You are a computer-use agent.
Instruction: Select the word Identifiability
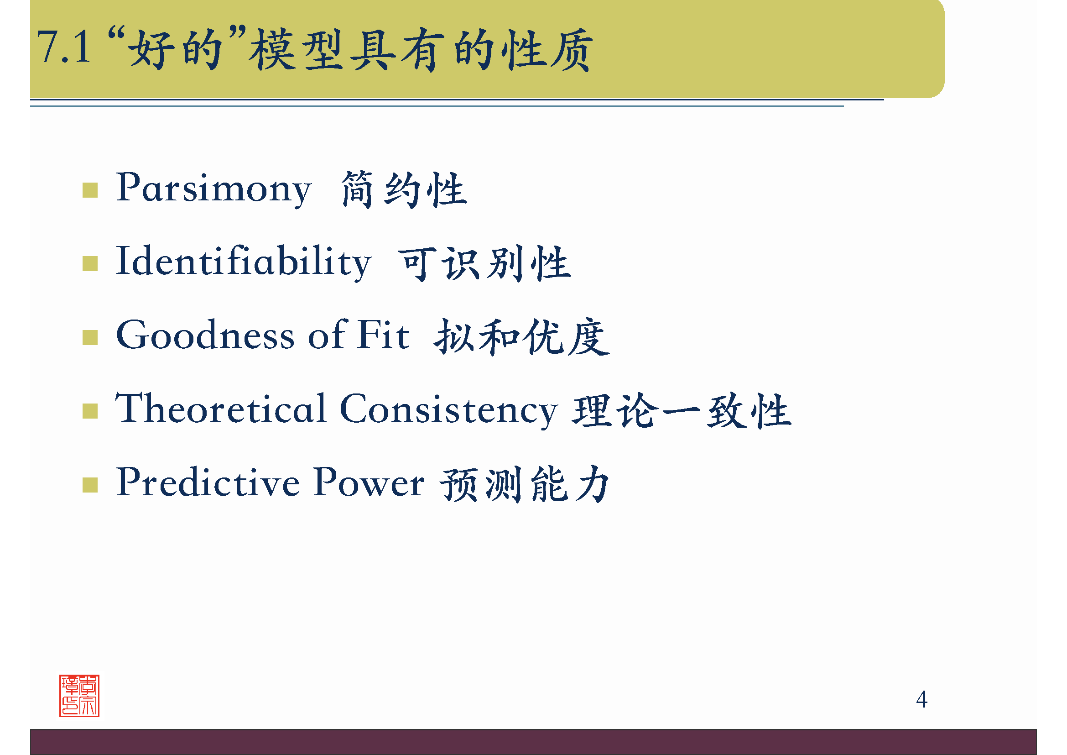(x=243, y=262)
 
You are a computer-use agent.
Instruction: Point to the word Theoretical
(x=221, y=409)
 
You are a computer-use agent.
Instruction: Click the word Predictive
(x=208, y=482)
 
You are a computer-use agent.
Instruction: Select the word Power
(x=369, y=482)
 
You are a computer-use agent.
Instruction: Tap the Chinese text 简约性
(x=403, y=189)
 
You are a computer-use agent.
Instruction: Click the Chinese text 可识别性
(x=485, y=263)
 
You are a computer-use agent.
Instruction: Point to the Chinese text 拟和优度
(x=521, y=336)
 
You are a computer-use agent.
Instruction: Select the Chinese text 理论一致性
(x=681, y=410)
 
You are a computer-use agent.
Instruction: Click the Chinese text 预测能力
(x=524, y=484)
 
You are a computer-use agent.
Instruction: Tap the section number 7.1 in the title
(x=64, y=47)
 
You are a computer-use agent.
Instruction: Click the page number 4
(x=921, y=700)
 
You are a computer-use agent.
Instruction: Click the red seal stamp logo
(x=79, y=696)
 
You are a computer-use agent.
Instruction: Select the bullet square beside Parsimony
(x=90, y=190)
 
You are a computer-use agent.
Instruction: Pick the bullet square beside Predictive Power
(x=90, y=485)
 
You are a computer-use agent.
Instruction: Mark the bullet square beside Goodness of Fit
(x=90, y=337)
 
